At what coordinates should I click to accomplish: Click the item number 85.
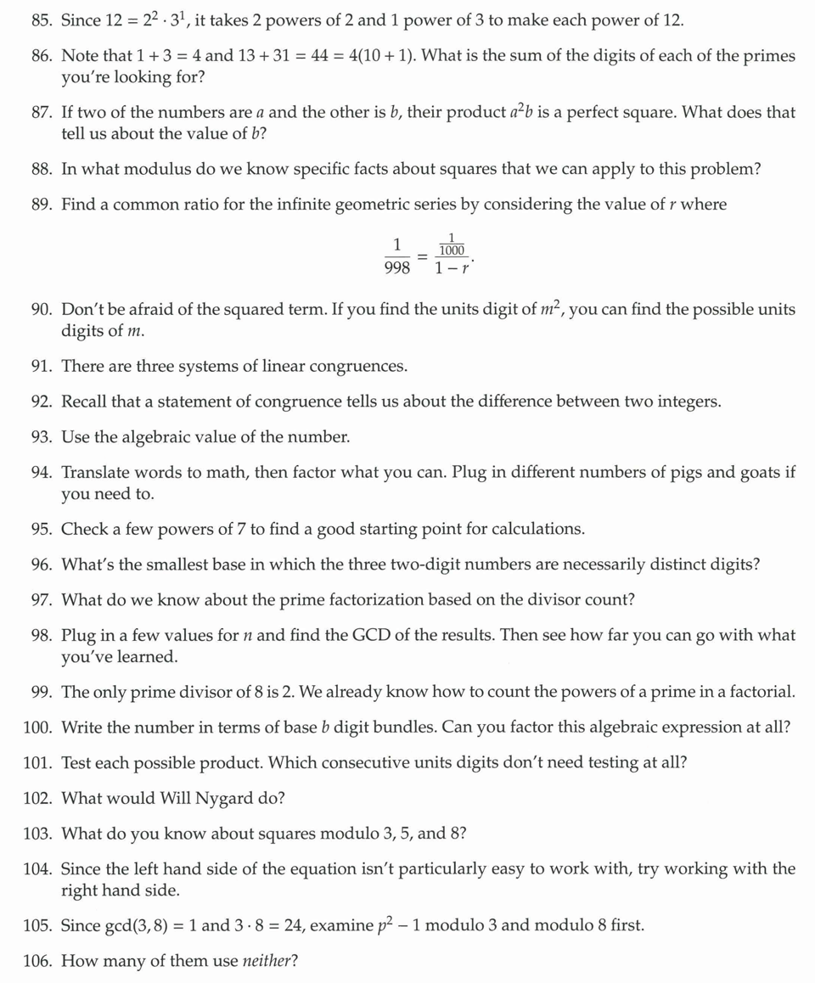pyautogui.click(x=42, y=20)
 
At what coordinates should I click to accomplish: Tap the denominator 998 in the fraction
pyautogui.click(x=396, y=268)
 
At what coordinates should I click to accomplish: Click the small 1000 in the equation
pyautogui.click(x=452, y=250)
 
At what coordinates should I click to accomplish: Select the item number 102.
pyautogui.click(x=38, y=799)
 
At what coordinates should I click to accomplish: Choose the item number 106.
pyautogui.click(x=38, y=962)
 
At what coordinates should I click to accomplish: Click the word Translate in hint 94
pyautogui.click(x=96, y=473)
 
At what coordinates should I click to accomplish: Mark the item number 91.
pyautogui.click(x=42, y=367)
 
